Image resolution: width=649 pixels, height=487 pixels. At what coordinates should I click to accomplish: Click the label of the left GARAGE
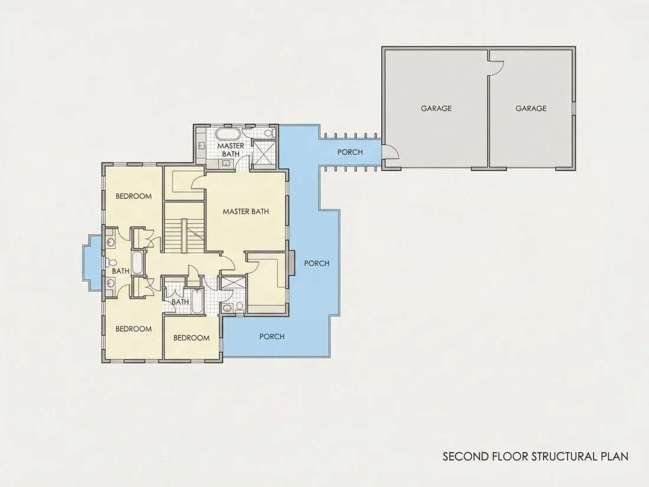436,109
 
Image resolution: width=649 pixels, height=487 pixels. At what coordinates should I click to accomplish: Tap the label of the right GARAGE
530,109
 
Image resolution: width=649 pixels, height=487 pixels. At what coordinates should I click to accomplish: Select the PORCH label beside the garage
350,152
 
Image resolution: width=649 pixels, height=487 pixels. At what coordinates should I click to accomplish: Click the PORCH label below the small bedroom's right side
272,336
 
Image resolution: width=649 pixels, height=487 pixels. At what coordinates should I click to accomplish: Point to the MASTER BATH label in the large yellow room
246,211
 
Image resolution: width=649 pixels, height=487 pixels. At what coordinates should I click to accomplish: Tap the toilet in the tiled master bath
270,133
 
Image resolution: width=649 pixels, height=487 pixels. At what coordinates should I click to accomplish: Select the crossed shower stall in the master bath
263,153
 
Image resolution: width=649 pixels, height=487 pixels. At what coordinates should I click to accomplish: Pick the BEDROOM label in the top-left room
133,197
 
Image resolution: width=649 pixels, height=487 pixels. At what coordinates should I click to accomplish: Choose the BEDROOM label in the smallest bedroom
191,338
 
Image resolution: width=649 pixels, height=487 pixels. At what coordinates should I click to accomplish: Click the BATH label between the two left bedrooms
120,272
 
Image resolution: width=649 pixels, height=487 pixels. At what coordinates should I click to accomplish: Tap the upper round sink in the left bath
110,243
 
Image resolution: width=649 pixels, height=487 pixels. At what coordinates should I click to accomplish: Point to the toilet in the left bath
111,263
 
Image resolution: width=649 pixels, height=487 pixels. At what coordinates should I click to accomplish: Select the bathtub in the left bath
137,263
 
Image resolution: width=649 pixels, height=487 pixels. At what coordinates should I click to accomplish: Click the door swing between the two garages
496,68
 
